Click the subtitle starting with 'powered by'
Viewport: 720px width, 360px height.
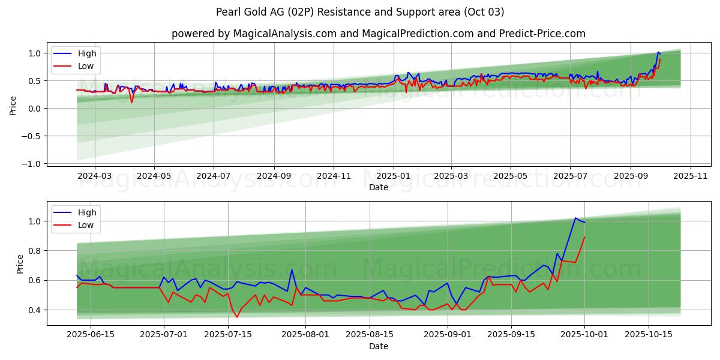378,34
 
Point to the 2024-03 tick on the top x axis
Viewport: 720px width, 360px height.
95,176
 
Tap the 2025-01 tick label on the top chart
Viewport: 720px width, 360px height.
394,176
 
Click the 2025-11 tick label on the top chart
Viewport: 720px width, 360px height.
691,176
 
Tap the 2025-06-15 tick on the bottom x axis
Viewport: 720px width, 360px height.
91,335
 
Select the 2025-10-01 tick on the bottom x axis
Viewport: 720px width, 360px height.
584,335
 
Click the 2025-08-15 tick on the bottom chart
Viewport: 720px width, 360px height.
369,335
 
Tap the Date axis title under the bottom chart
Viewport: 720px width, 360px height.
378,346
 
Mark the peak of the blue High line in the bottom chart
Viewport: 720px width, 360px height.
575,218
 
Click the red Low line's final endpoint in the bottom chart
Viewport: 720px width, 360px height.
584,237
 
